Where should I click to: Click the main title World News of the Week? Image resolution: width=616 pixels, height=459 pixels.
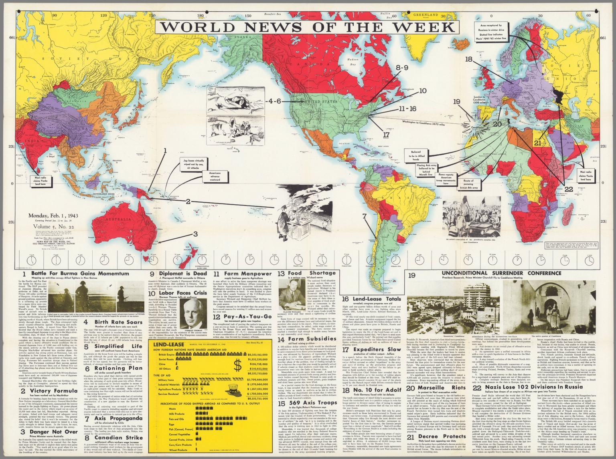(308, 26)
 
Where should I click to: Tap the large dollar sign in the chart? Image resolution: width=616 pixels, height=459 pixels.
(238, 366)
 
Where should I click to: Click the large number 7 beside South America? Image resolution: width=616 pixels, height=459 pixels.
(364, 217)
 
